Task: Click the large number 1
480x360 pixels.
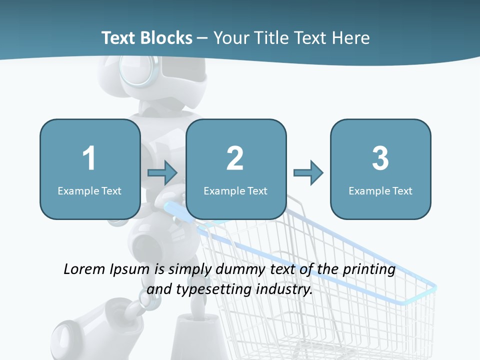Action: pos(89,158)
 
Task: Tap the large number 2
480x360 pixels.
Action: pos(235,158)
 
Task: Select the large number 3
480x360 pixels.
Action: pos(380,158)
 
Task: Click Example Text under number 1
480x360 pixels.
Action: pos(89,190)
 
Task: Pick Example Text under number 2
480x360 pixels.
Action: pos(235,190)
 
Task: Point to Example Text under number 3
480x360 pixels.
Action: pos(380,190)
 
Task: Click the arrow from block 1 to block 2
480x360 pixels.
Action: pos(162,173)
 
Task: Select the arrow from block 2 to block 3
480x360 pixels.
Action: pos(308,173)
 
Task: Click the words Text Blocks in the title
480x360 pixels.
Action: pos(146,38)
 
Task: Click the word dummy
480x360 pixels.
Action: pos(239,269)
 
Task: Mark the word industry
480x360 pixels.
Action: pos(284,289)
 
